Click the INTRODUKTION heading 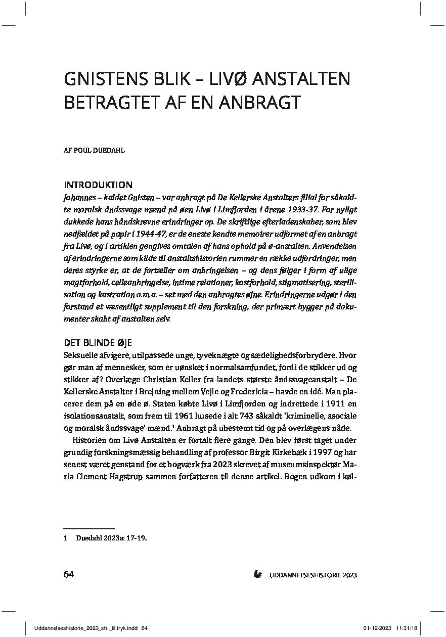[99, 185]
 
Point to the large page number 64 [69, 574]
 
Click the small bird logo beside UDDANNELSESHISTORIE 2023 [258, 574]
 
